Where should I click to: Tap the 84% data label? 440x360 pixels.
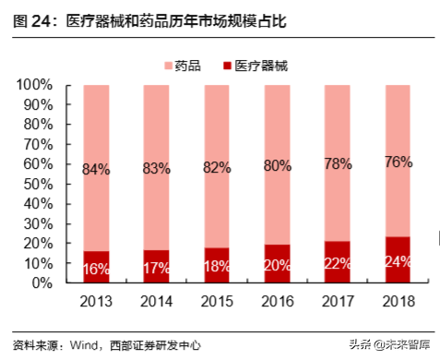[x=96, y=169]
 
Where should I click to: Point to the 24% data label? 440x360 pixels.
[x=398, y=261]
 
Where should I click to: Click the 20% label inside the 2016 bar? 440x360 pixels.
[x=277, y=266]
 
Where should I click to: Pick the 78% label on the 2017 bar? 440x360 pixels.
[x=338, y=163]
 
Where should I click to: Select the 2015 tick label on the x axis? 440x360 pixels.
[x=217, y=302]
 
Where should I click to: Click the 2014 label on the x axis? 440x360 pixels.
[x=156, y=302]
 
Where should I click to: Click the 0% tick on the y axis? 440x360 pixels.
[x=44, y=283]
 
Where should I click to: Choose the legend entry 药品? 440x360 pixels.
[x=187, y=66]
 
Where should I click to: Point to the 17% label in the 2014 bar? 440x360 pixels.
[x=156, y=270]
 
